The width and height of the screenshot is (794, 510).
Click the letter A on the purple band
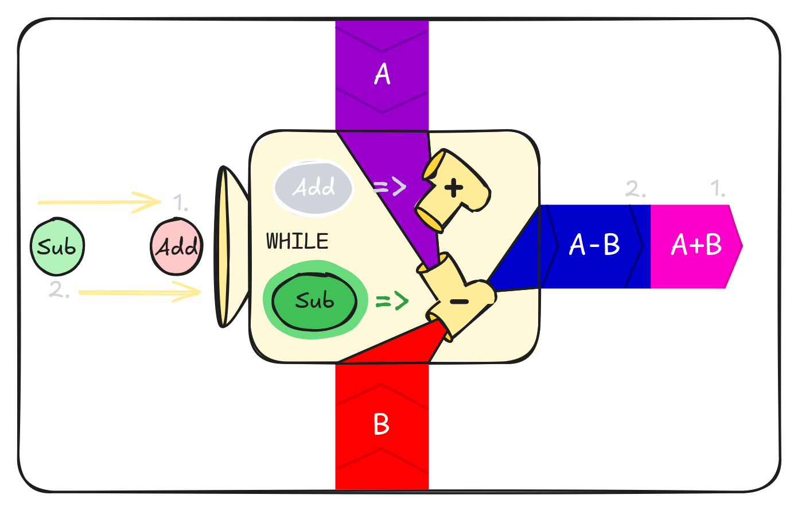click(382, 74)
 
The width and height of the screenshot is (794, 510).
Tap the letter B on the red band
click(382, 424)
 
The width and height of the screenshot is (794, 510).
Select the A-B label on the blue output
click(594, 245)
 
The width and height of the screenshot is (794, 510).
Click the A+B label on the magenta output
click(696, 245)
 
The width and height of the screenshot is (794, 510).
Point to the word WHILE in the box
click(297, 242)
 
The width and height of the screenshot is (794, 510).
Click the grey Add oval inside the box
click(313, 187)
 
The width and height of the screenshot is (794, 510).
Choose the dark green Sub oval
click(314, 302)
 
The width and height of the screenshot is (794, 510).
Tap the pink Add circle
click(177, 247)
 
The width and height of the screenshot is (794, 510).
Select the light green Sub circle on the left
click(57, 247)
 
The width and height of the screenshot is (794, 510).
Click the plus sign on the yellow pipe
click(453, 187)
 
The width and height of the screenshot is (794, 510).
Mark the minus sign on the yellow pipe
click(459, 302)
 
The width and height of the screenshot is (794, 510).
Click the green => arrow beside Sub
click(392, 300)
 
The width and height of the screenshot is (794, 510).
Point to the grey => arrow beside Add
click(390, 187)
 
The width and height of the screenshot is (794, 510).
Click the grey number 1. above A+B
click(718, 188)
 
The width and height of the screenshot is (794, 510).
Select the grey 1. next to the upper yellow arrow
click(181, 203)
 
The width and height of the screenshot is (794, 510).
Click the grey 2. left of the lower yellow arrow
click(59, 290)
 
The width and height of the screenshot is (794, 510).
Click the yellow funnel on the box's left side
click(225, 247)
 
